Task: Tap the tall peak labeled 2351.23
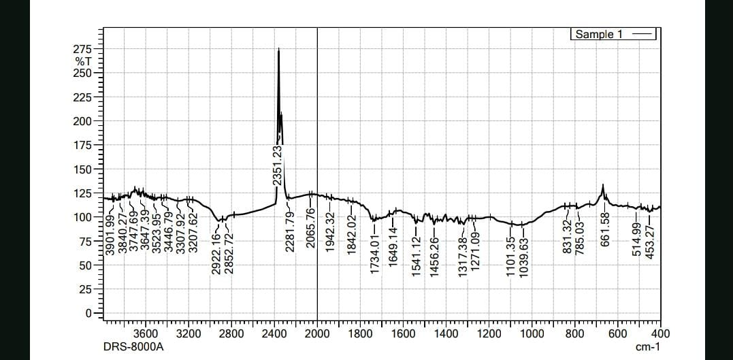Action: [278, 52]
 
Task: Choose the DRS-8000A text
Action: [133, 347]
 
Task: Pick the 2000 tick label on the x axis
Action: [317, 333]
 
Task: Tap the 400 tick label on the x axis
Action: [660, 333]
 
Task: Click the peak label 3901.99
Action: [110, 233]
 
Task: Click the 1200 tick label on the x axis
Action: [489, 333]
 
